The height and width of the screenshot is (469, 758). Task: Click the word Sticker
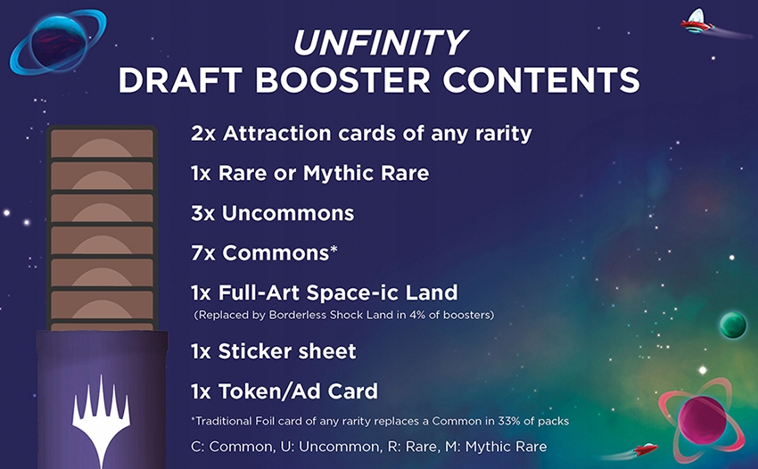coord(259,351)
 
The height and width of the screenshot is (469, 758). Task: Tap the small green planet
coord(732,325)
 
